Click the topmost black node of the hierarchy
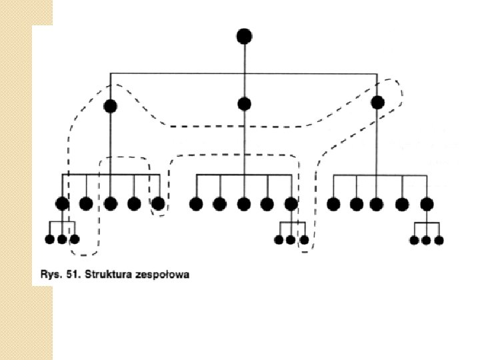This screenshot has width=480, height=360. point(244,35)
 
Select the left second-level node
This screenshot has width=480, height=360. point(111,106)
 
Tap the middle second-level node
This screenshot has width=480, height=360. point(244,103)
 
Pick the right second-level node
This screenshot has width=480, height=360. point(377,102)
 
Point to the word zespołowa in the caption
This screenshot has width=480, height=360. point(162,274)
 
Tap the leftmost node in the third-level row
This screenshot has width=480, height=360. point(62,204)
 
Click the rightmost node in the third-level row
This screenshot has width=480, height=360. point(427,204)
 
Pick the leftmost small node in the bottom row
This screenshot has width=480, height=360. point(49,239)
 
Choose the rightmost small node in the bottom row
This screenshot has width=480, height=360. point(439,240)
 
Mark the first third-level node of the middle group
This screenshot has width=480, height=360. point(196,204)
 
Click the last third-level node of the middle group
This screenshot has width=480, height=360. point(291,204)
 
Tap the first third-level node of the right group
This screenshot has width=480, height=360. point(333,204)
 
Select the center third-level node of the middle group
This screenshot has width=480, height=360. point(244,204)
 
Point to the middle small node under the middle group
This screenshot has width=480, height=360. point(291,239)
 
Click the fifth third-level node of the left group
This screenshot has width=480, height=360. point(158,203)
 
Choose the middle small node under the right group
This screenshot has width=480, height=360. point(427,240)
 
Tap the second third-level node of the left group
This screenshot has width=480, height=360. point(86,204)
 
